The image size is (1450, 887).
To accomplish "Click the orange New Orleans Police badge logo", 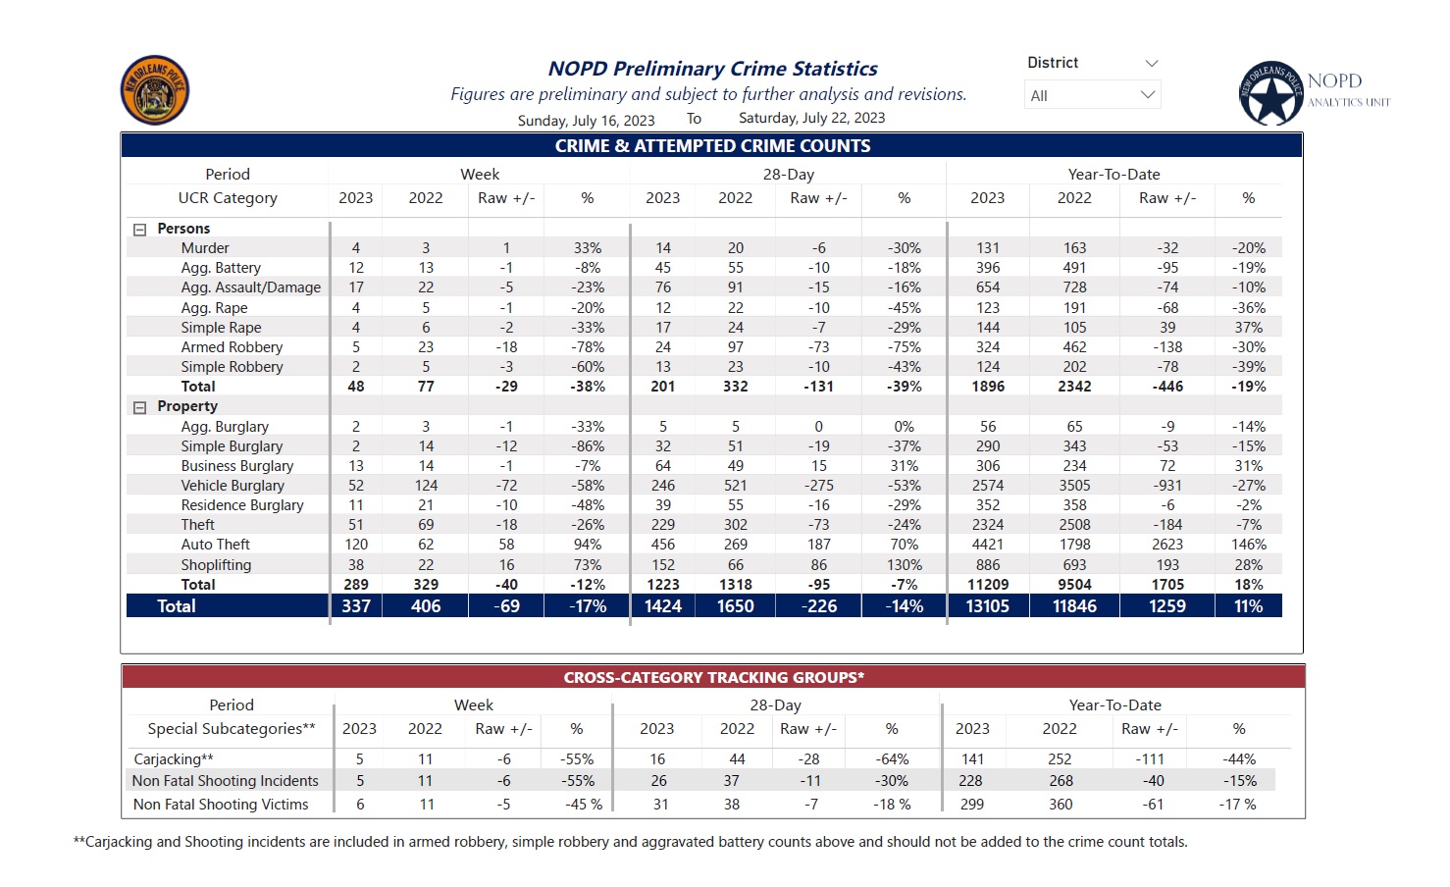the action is pyautogui.click(x=155, y=90).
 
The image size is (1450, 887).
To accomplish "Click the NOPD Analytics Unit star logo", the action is pyautogui.click(x=1270, y=93).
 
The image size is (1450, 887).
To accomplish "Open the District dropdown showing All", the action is pyautogui.click(x=1092, y=95).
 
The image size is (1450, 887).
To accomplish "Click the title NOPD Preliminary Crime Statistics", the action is pyautogui.click(x=712, y=68).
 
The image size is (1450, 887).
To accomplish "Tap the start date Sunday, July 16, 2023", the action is pyautogui.click(x=586, y=121).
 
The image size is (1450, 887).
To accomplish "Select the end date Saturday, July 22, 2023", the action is pyautogui.click(x=811, y=118).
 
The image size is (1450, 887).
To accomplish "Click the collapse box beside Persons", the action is pyautogui.click(x=140, y=230).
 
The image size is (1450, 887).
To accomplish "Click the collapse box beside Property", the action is pyautogui.click(x=140, y=407).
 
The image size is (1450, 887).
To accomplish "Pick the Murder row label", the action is pyautogui.click(x=205, y=248).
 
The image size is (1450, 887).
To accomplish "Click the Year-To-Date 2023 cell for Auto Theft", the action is pyautogui.click(x=987, y=545).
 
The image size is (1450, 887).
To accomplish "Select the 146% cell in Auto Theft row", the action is pyautogui.click(x=1248, y=545).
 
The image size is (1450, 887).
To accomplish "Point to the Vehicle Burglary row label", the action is pyautogui.click(x=233, y=486).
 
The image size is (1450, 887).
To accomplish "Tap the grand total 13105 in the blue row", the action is pyautogui.click(x=987, y=606).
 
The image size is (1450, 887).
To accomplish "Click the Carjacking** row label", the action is pyautogui.click(x=174, y=758).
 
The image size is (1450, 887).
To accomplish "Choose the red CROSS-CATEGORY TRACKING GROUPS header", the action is pyautogui.click(x=713, y=677).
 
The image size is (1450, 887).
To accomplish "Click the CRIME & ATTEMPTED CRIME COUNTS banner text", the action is pyautogui.click(x=712, y=145).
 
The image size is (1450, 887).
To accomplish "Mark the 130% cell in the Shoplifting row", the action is pyautogui.click(x=904, y=564).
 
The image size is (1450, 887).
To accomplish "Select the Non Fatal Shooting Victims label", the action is pyautogui.click(x=221, y=805).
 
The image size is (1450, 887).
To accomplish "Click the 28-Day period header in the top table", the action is pyautogui.click(x=789, y=175).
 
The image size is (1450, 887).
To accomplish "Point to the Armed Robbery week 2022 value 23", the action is pyautogui.click(x=426, y=347).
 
